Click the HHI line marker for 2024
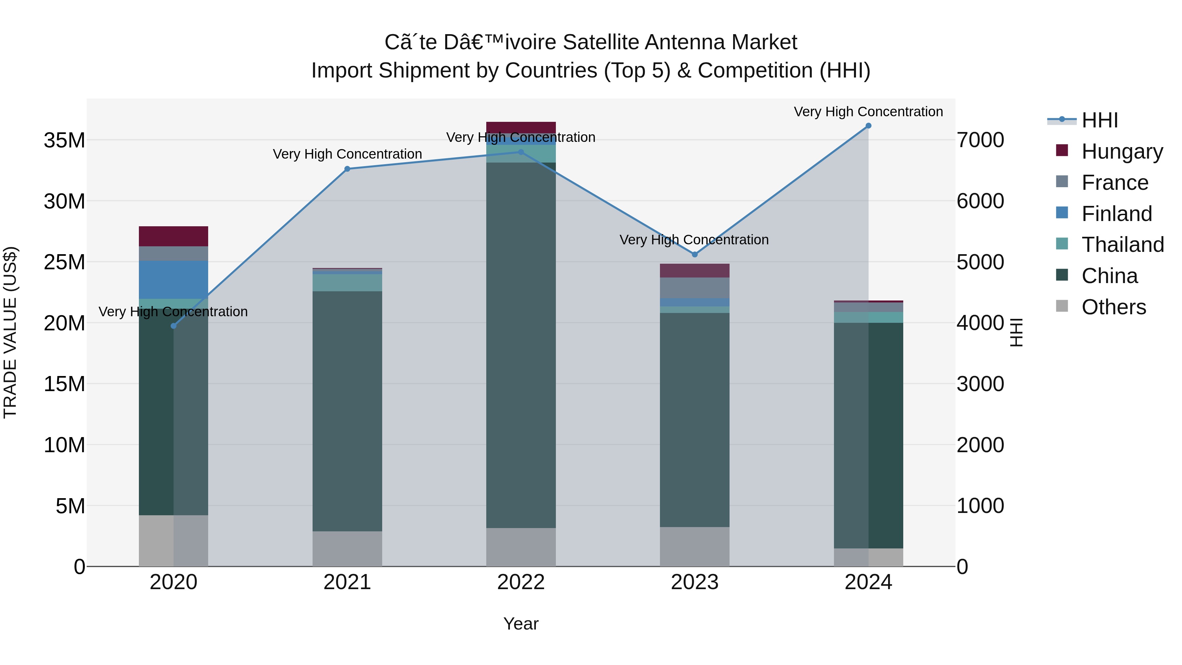[x=868, y=126]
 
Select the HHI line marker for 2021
[x=347, y=169]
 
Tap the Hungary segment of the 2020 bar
[x=173, y=236]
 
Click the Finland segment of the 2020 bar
[x=173, y=280]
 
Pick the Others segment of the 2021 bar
[x=347, y=549]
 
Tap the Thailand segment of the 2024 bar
[x=868, y=317]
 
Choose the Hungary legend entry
[x=1122, y=151]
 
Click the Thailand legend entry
[x=1122, y=245]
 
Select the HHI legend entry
[x=1099, y=120]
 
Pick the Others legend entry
[x=1114, y=307]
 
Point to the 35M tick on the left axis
[x=64, y=140]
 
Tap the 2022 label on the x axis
[x=521, y=582]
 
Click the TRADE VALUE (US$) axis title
[x=10, y=332]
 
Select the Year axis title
[x=521, y=624]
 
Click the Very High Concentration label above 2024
[x=868, y=112]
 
